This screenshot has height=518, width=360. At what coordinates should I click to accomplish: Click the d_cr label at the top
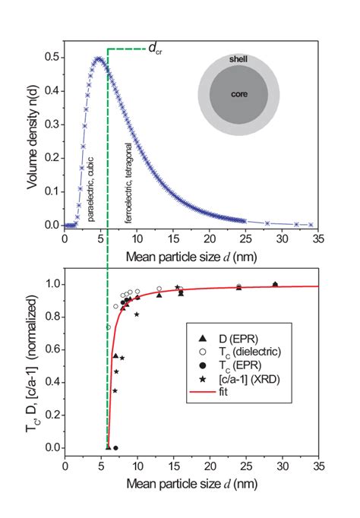click(x=154, y=49)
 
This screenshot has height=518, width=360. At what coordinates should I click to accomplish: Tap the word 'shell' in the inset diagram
click(x=238, y=59)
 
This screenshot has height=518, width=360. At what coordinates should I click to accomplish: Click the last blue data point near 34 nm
click(x=310, y=225)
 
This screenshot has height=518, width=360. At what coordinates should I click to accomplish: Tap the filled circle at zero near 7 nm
click(x=115, y=447)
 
